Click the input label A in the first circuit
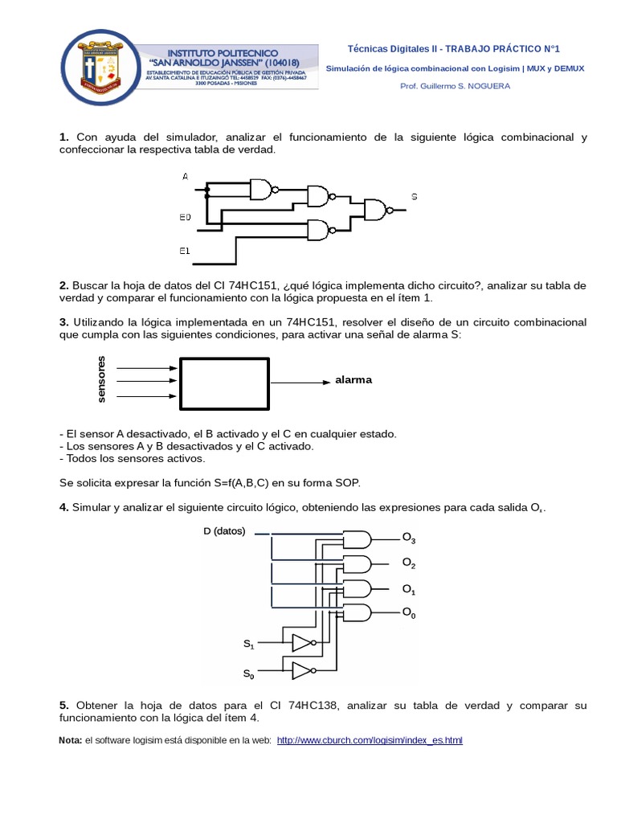coord(186,176)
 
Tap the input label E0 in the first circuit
coord(186,217)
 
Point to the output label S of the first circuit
coord(414,196)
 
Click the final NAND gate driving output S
coord(376,211)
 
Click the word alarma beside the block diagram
coord(353,379)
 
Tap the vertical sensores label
coord(101,378)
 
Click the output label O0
coord(409,613)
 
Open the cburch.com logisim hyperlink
coord(370,740)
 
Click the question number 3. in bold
coord(64,321)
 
